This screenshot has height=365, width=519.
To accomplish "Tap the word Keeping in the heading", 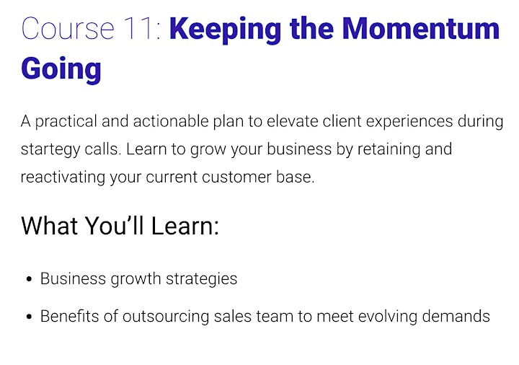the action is [225, 30].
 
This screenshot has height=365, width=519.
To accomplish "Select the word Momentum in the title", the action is [421, 28].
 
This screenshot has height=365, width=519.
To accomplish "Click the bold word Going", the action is [61, 70].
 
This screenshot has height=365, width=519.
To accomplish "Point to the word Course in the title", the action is [68, 28].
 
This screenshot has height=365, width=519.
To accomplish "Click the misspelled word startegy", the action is [50, 150].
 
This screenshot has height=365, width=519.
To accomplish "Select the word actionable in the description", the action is [171, 121].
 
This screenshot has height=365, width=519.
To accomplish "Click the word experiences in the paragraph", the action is [409, 122].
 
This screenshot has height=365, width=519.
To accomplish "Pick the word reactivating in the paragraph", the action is [63, 177].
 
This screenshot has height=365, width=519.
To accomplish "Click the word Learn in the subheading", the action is [185, 226].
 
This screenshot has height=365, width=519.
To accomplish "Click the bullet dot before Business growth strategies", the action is [29, 279].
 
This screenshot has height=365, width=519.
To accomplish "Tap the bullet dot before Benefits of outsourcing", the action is [29, 317].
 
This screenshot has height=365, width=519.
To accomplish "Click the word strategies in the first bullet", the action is [202, 279].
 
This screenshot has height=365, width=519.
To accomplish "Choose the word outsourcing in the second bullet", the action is [166, 317].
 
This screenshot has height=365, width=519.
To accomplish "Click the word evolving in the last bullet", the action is [388, 317].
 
